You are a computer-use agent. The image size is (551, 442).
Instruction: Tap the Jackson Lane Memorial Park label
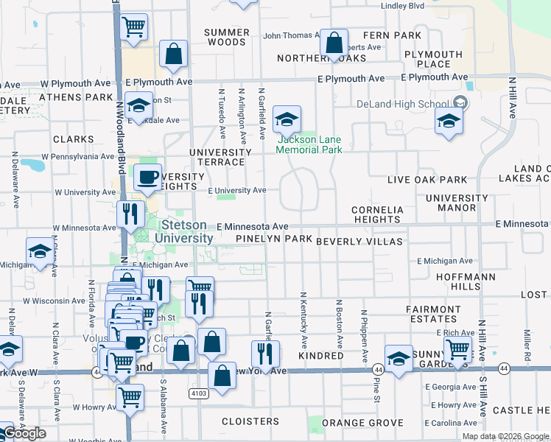pos(309,144)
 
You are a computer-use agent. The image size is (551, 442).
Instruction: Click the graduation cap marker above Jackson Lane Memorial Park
pos(287,119)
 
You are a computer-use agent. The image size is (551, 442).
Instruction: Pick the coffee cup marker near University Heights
pos(147,178)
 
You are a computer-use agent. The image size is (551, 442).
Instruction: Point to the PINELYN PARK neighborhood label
pos(274,240)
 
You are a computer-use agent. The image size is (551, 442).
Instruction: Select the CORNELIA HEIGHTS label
pos(376,214)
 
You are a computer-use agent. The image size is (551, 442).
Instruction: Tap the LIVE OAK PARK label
pos(428,180)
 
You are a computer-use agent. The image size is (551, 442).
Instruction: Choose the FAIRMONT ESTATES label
pos(434,314)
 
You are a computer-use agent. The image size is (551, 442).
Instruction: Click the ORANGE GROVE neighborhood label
pos(362,423)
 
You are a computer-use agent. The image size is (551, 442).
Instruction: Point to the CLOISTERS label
pos(250,422)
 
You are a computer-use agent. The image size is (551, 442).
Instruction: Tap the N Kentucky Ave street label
pos(303,320)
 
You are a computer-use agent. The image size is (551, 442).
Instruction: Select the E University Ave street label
pos(236,191)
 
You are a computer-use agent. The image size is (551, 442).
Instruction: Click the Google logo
pos(24,432)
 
